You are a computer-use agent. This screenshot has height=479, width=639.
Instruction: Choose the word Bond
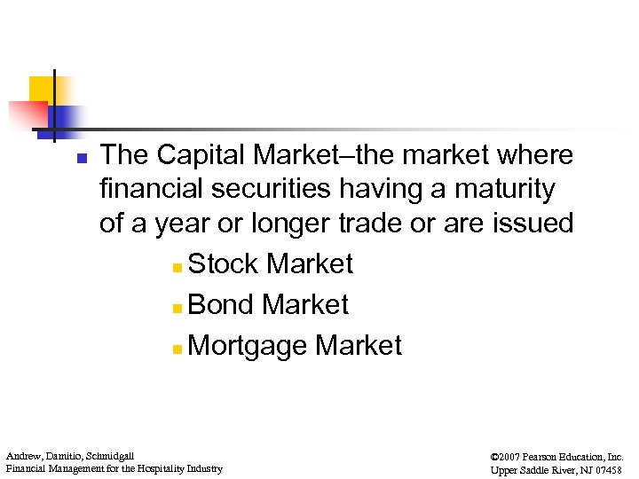tap(221, 304)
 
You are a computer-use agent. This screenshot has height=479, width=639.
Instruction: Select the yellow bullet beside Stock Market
tap(178, 266)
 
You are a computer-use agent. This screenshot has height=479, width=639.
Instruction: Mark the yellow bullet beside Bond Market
tap(178, 307)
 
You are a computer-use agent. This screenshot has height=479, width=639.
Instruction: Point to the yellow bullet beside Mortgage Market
tap(178, 348)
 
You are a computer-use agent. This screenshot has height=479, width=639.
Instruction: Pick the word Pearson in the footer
tap(541, 455)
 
